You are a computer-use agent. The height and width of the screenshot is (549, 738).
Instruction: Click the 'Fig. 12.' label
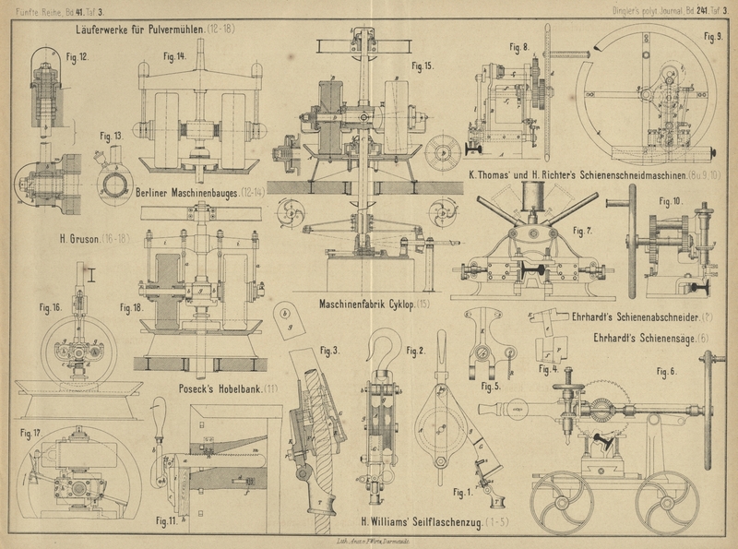coord(77,57)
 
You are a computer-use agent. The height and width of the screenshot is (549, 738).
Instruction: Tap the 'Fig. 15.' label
coord(422,66)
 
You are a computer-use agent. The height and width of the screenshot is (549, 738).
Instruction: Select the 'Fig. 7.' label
coord(583,230)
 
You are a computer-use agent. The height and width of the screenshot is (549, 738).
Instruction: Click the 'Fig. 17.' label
coord(31,433)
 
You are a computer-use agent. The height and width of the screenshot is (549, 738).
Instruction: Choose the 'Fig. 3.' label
coord(329,351)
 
